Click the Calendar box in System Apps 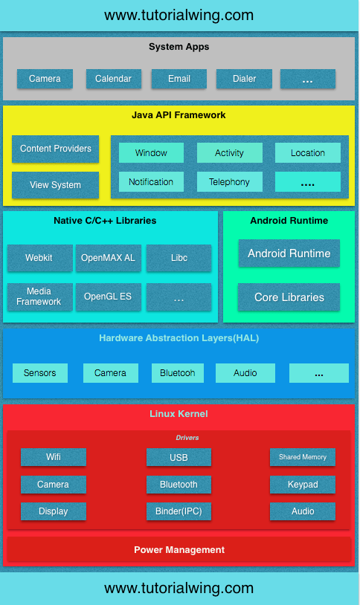point(113,79)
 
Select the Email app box point(179,79)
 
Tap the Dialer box point(243,79)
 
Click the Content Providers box point(56,149)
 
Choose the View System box point(56,185)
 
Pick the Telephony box point(229,182)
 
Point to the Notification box point(151,182)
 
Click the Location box point(307,153)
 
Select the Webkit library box point(39,258)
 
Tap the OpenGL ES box point(108,297)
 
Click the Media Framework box point(39,297)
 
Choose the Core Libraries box point(289,297)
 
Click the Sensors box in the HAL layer point(39,373)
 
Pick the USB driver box point(179,458)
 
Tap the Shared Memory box point(302,457)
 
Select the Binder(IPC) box point(179,511)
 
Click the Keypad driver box point(302,485)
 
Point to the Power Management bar point(179,550)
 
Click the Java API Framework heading point(179,115)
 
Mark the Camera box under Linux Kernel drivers point(53,485)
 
